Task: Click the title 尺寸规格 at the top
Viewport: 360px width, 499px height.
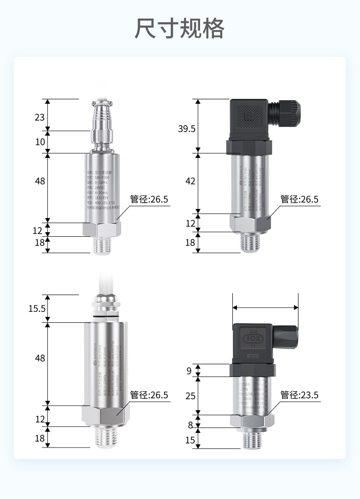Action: (180, 28)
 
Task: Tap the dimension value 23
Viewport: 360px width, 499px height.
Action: (40, 117)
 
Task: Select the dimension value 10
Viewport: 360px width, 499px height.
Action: (40, 142)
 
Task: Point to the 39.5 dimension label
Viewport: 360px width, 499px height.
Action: (186, 129)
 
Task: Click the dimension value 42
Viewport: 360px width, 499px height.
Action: (190, 181)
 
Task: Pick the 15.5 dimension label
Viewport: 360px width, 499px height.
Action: (37, 309)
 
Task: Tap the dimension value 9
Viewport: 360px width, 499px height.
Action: (189, 371)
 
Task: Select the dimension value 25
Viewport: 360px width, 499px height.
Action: (190, 396)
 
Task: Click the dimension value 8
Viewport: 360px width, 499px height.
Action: (190, 426)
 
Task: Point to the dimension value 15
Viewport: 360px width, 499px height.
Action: (190, 440)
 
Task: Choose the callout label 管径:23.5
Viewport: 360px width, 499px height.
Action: (299, 395)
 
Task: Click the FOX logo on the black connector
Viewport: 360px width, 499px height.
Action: (252, 339)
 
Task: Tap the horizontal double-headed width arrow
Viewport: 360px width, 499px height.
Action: (265, 308)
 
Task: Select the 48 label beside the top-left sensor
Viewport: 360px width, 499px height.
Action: (40, 181)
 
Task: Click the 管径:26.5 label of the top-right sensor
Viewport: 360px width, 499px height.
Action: (299, 199)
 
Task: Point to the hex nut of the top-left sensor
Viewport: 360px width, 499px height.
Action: (101, 229)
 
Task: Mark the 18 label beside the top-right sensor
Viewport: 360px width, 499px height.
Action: (190, 243)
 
